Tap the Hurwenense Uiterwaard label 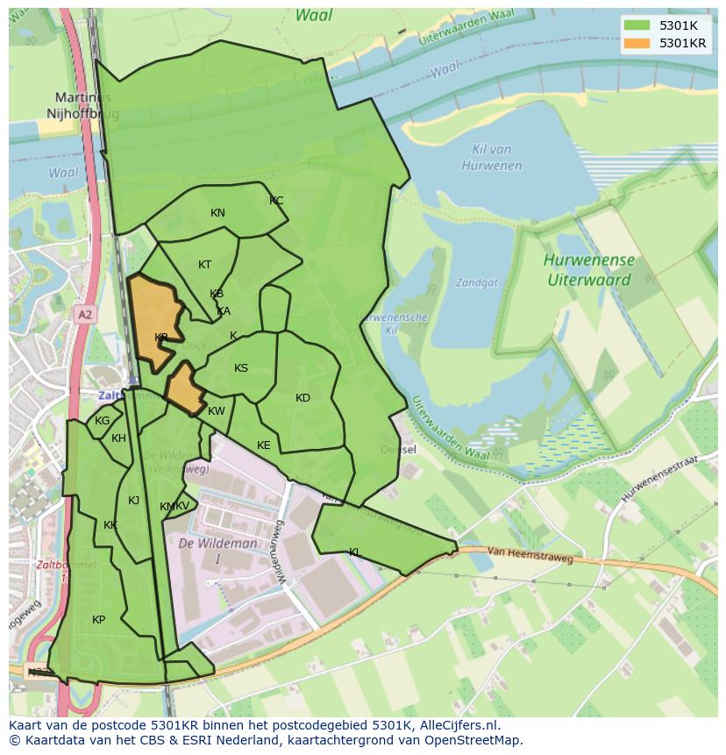588,270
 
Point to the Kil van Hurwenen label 490,158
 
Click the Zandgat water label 476,283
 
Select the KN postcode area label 217,213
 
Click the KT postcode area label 204,265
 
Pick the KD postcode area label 302,398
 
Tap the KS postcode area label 241,368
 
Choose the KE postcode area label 264,445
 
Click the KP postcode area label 98,620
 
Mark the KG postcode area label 102,421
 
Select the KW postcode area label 217,411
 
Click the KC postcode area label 276,201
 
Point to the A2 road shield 84,314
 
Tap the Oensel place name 398,450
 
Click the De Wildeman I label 217,551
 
